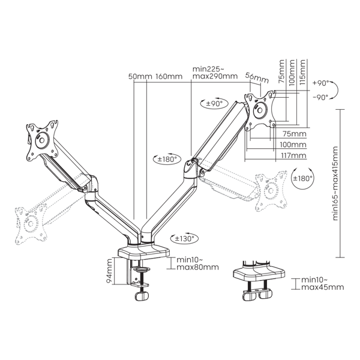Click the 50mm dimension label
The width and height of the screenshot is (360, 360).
point(140,76)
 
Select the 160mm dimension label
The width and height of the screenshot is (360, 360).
point(169,76)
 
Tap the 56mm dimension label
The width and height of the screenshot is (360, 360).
point(257,77)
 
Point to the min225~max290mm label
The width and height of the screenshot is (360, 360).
point(215,73)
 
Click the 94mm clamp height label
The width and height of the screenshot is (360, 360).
point(110,271)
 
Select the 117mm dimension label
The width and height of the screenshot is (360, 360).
point(293,155)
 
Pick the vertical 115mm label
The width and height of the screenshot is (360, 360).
point(303,72)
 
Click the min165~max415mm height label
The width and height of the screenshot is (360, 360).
point(335,184)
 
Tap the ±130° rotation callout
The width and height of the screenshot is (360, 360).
point(184,239)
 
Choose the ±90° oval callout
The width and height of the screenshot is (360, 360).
point(214,104)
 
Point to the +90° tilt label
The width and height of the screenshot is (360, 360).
point(321,83)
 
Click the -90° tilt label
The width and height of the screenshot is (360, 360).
point(320,98)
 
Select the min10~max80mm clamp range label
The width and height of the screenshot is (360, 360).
point(197,263)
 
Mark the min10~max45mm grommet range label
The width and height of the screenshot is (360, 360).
point(323,284)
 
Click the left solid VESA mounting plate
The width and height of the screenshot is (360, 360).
point(42,141)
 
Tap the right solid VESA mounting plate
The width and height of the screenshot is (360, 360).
point(260,110)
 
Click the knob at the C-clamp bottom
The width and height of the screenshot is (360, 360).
point(142,296)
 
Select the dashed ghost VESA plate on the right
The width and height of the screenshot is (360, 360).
point(271,191)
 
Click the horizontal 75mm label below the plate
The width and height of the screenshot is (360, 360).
point(295,134)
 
